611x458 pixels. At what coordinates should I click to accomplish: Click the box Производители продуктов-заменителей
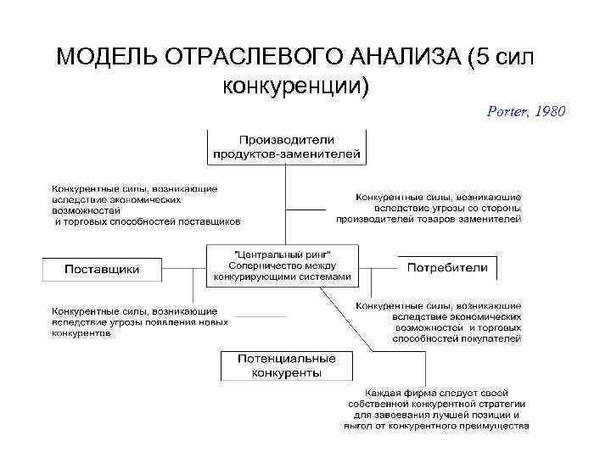(286, 146)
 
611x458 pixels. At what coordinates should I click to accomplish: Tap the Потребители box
(447, 268)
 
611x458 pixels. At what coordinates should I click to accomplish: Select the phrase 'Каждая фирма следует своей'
(436, 394)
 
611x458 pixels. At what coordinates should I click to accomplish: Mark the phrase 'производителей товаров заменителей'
(429, 219)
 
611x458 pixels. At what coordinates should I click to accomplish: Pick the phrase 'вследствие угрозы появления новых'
(141, 322)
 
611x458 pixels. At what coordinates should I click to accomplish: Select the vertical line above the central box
(285, 204)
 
